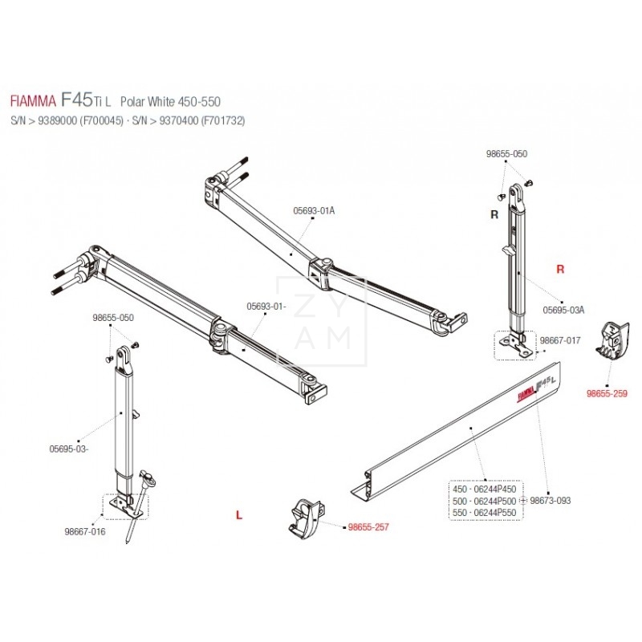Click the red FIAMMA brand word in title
tap(33, 103)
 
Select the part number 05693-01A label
tap(315, 210)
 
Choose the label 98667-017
tap(559, 340)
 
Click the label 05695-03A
tap(563, 309)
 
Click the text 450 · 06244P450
tap(485, 489)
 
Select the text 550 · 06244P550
tap(485, 512)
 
